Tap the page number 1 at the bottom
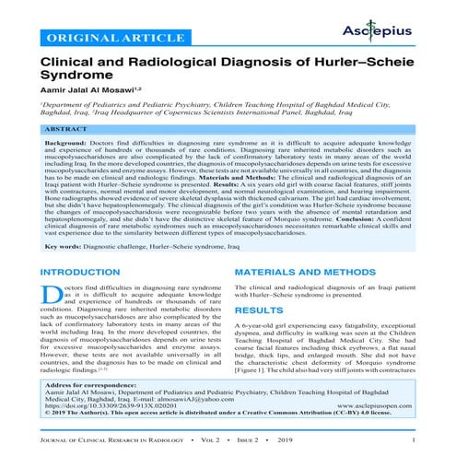(x=416, y=449)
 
